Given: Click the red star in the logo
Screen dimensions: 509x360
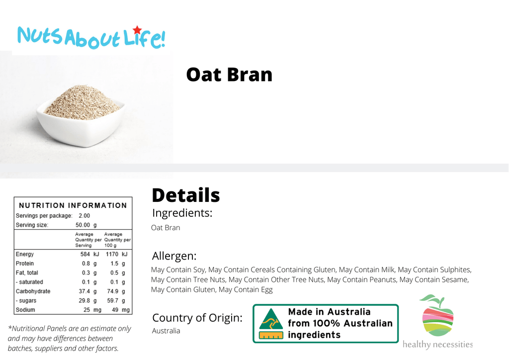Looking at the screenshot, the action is pyautogui.click(x=137, y=30).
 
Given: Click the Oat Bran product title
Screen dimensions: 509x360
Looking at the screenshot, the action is pyautogui.click(x=229, y=75).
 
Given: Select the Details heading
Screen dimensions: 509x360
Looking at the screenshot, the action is pyautogui.click(x=186, y=195).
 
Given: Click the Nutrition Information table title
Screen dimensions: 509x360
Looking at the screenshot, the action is pyautogui.click(x=73, y=205).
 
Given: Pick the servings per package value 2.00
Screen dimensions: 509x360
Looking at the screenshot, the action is pyautogui.click(x=85, y=215).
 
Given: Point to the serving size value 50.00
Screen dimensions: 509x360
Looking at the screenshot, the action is pyautogui.click(x=83, y=225).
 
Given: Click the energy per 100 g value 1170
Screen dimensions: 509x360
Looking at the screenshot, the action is pyautogui.click(x=112, y=254).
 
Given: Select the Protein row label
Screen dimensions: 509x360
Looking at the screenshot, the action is pyautogui.click(x=25, y=263).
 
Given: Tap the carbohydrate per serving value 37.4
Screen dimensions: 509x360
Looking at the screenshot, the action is pyautogui.click(x=85, y=291).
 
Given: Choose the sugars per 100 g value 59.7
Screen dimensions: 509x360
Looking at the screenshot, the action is pyautogui.click(x=113, y=301).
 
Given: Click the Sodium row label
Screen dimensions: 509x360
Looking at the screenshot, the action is pyautogui.click(x=25, y=310).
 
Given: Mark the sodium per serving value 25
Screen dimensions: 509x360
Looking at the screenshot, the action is pyautogui.click(x=86, y=310).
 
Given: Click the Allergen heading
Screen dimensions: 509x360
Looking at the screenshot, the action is pyautogui.click(x=174, y=256).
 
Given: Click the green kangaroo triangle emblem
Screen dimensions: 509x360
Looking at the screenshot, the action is pyautogui.click(x=271, y=319).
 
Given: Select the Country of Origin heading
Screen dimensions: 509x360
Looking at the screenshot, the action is pyautogui.click(x=197, y=318).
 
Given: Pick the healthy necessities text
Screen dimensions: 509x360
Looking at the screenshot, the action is pyautogui.click(x=437, y=345).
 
